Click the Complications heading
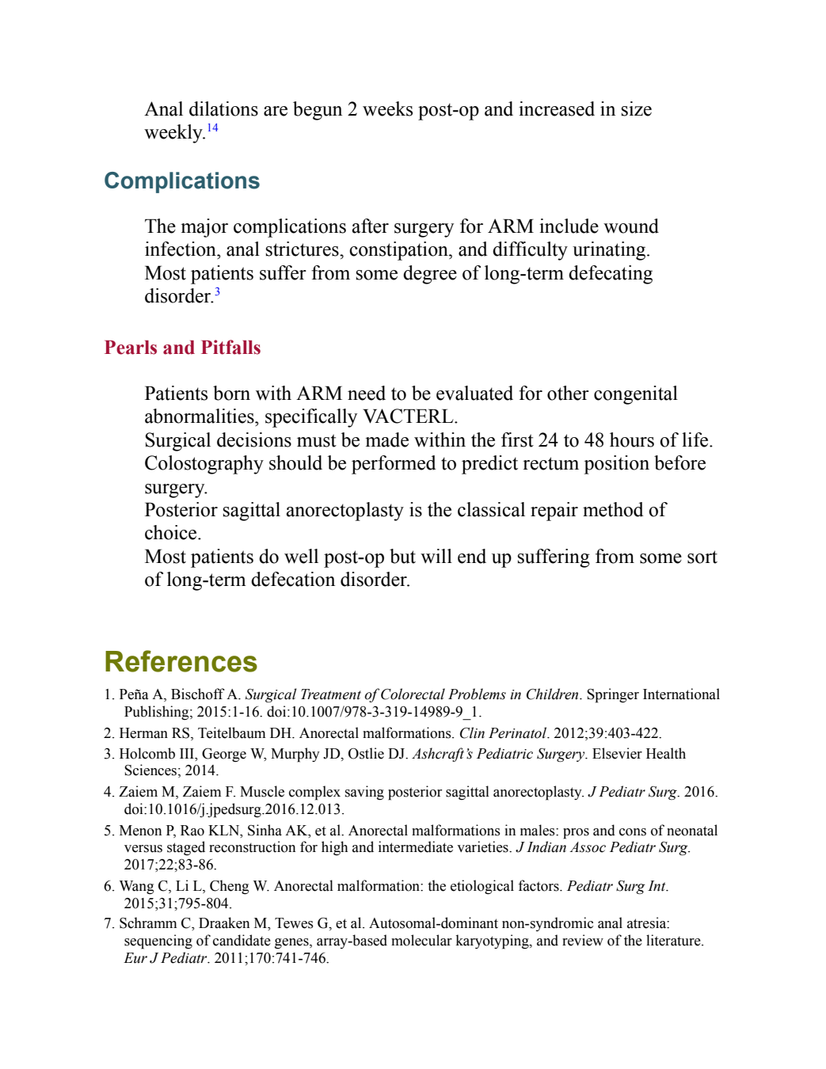click(x=181, y=181)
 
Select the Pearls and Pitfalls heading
click(x=182, y=348)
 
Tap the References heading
click(x=181, y=662)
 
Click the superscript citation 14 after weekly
click(x=212, y=128)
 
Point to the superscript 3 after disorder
click(x=217, y=292)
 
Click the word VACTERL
click(x=410, y=417)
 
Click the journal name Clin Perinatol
click(x=502, y=733)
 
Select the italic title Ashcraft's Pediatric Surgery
click(x=498, y=754)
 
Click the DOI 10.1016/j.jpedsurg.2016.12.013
click(x=234, y=809)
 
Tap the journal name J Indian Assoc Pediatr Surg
click(x=602, y=847)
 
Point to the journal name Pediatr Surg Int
click(x=616, y=887)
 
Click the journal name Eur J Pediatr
click(x=166, y=958)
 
